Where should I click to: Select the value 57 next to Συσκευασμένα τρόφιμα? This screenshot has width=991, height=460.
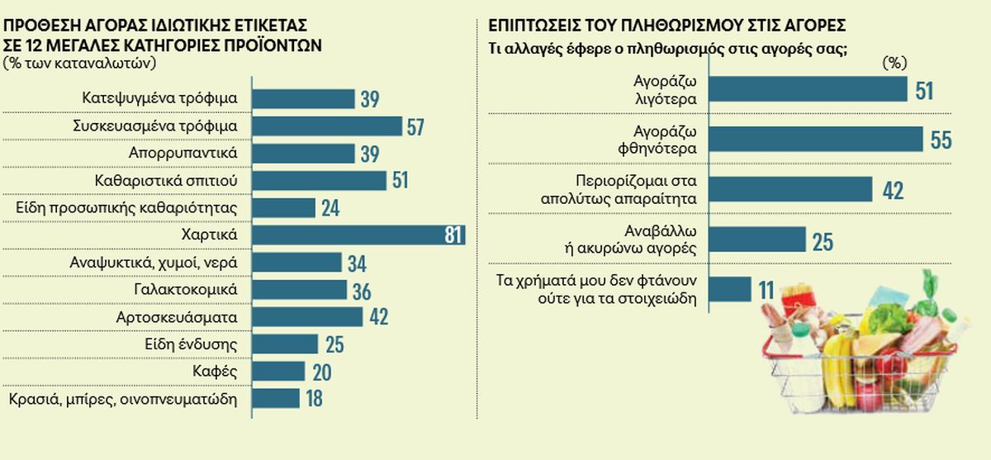tap(415, 126)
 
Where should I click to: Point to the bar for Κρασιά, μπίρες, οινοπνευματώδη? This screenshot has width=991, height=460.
tap(276, 399)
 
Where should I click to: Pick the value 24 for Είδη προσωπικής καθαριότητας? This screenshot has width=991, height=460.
tap(330, 208)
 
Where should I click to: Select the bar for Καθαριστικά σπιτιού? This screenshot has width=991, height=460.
tap(319, 181)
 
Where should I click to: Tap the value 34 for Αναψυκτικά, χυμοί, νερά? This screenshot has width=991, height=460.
tap(356, 263)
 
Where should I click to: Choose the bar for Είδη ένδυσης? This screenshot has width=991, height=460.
tap(285, 344)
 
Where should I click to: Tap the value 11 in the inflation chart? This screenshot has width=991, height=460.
tap(766, 290)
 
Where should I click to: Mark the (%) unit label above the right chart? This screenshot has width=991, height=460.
tap(895, 63)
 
